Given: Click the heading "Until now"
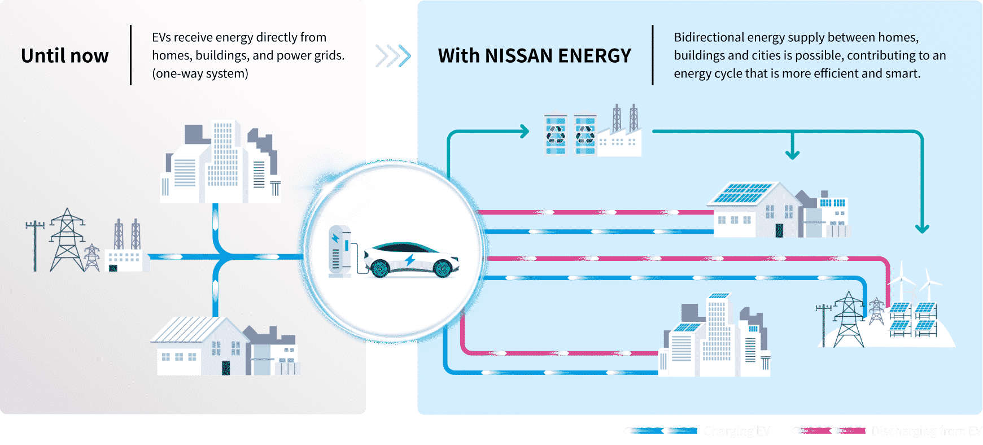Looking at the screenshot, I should tap(65, 56).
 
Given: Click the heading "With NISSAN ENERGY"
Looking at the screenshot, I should tap(534, 56).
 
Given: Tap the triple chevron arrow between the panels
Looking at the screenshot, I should tap(393, 56).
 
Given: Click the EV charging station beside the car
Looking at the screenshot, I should tap(340, 251).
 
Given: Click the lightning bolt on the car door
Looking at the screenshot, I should tap(410, 260).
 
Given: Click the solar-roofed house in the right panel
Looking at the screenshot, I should tap(757, 209).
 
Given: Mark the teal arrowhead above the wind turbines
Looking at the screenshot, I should tap(922, 229).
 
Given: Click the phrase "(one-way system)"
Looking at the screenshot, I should tap(200, 73).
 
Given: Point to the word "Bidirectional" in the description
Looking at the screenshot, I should tap(709, 37).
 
